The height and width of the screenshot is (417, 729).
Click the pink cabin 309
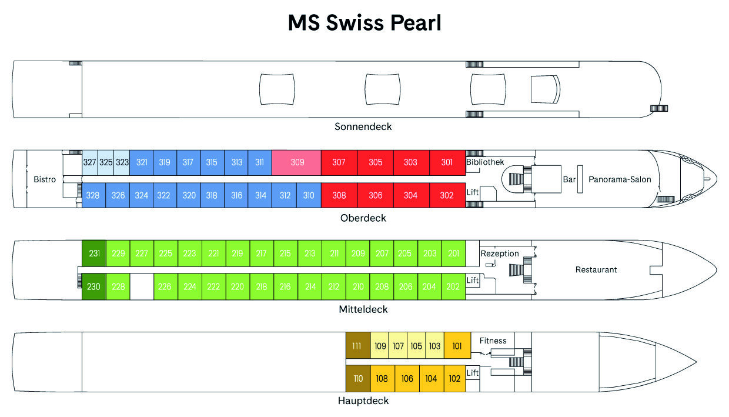(x=296, y=162)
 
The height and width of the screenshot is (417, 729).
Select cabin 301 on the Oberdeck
(x=447, y=162)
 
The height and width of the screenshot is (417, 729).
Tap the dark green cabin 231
(x=94, y=253)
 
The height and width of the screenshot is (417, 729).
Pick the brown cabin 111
(x=358, y=345)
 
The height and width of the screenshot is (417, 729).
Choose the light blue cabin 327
(x=90, y=162)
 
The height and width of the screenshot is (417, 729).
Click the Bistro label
(x=45, y=179)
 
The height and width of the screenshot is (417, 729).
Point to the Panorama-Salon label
(x=620, y=179)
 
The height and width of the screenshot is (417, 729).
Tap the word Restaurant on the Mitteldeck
(x=596, y=269)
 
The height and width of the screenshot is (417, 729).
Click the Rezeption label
(x=500, y=253)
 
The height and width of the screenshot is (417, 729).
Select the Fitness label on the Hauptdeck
(x=493, y=341)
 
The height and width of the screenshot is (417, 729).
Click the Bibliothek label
(x=485, y=162)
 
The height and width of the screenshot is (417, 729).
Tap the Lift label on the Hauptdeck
(x=473, y=373)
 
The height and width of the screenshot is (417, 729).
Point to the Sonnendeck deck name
(x=363, y=126)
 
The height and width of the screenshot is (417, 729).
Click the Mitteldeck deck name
(x=363, y=309)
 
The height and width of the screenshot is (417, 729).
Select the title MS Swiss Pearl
(x=364, y=23)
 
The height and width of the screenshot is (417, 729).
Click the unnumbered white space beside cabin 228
(x=142, y=286)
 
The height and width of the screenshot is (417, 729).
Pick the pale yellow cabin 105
(x=416, y=345)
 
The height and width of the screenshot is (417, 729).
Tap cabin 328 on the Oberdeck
(x=93, y=195)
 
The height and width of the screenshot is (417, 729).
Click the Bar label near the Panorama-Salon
(x=569, y=179)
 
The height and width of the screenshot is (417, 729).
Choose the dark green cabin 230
(x=94, y=286)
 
